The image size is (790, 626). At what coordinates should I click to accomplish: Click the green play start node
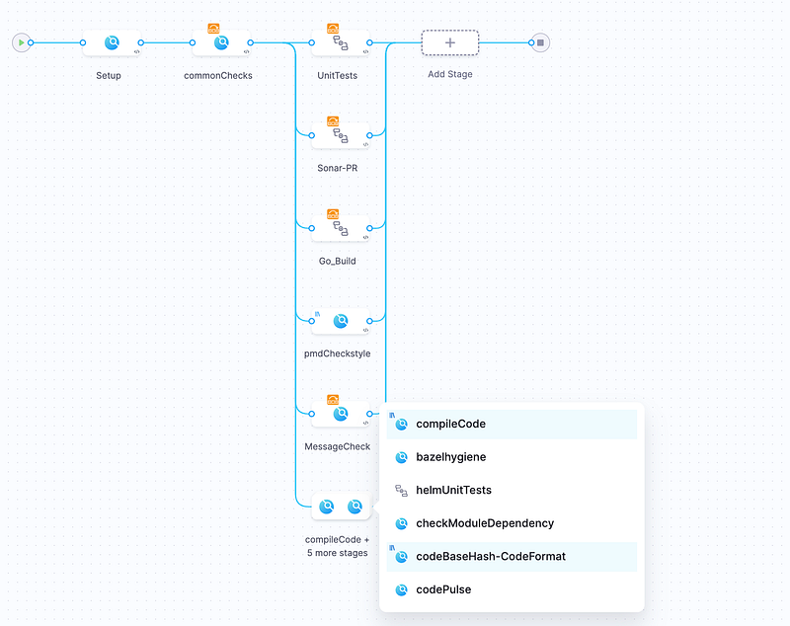(x=21, y=42)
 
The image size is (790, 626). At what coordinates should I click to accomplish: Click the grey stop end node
(x=540, y=42)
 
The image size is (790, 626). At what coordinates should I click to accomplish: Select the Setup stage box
(x=112, y=43)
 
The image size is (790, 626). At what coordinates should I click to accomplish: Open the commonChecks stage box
(x=221, y=43)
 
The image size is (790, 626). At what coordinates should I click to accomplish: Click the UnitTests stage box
(x=340, y=43)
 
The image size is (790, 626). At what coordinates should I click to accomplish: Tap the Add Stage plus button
(x=450, y=42)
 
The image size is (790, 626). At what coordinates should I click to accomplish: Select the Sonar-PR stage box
(x=340, y=135)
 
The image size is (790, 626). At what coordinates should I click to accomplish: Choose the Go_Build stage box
(x=340, y=228)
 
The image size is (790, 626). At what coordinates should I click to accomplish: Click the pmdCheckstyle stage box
(x=340, y=321)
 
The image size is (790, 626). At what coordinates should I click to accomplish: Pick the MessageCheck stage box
(x=340, y=414)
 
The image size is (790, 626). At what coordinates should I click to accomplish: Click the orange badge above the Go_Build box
(x=333, y=213)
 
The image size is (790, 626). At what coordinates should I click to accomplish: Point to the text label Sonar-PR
(x=338, y=169)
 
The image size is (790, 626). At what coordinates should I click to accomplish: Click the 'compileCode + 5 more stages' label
(x=337, y=546)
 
